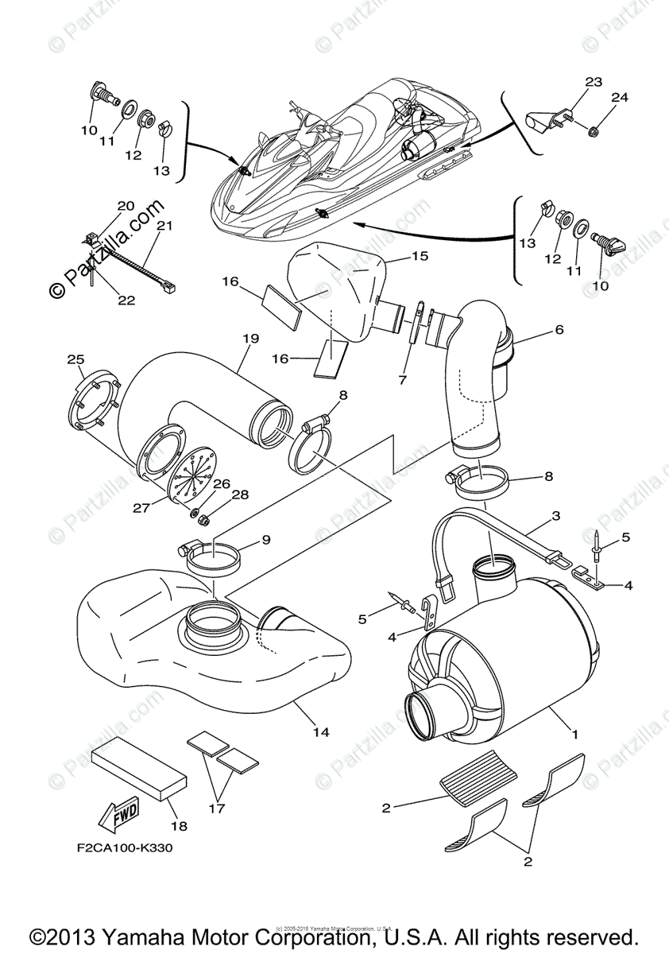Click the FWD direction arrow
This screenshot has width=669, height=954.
[x=118, y=814]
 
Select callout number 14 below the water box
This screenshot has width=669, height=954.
[x=320, y=731]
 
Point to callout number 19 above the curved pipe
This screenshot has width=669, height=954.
[x=250, y=338]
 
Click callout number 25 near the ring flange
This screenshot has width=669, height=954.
[x=75, y=360]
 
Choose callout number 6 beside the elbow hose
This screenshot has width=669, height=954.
[x=559, y=328]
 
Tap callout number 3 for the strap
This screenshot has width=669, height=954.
[x=555, y=515]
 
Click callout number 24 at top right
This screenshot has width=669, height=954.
[x=619, y=98]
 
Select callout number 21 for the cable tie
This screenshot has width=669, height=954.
[x=164, y=226]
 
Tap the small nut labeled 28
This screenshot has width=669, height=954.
[x=202, y=521]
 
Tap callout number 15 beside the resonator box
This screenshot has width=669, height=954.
[x=419, y=257]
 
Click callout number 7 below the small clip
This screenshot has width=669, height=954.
[x=402, y=380]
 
